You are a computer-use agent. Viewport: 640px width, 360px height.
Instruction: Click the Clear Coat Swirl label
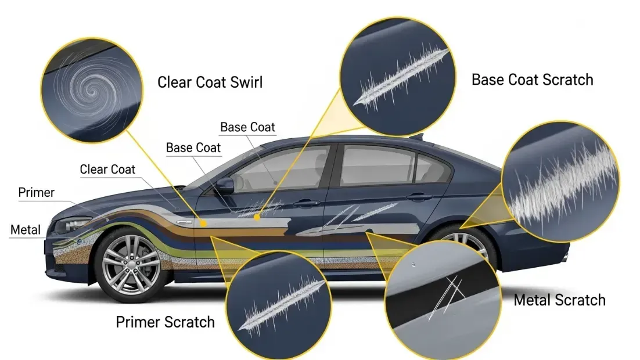[x=210, y=82]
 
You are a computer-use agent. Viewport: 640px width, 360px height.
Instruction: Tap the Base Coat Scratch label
[x=532, y=80]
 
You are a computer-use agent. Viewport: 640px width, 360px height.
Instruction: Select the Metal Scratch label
[x=559, y=300]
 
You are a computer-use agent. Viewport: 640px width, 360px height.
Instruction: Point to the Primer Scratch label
[x=165, y=322]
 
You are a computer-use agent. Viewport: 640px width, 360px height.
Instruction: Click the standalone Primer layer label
[x=37, y=192]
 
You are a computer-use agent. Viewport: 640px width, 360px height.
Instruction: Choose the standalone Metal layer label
[x=26, y=230]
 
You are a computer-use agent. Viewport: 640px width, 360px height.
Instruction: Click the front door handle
[x=306, y=203]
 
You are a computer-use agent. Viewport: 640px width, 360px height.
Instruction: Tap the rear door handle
[x=419, y=197]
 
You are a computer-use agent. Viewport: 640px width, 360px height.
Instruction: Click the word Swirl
[x=246, y=82]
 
